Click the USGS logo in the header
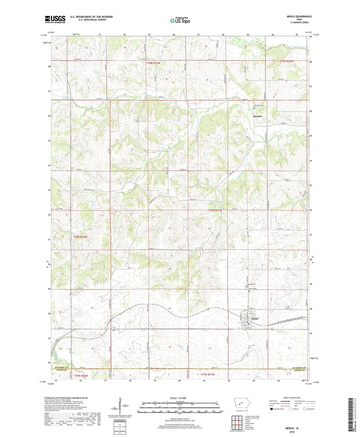point(55,19)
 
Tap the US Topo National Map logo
point(180,21)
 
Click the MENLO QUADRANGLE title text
point(299,17)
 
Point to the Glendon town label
point(258,116)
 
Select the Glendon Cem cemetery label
point(259,106)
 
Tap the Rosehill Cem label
point(251,284)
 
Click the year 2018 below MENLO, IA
point(292,432)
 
